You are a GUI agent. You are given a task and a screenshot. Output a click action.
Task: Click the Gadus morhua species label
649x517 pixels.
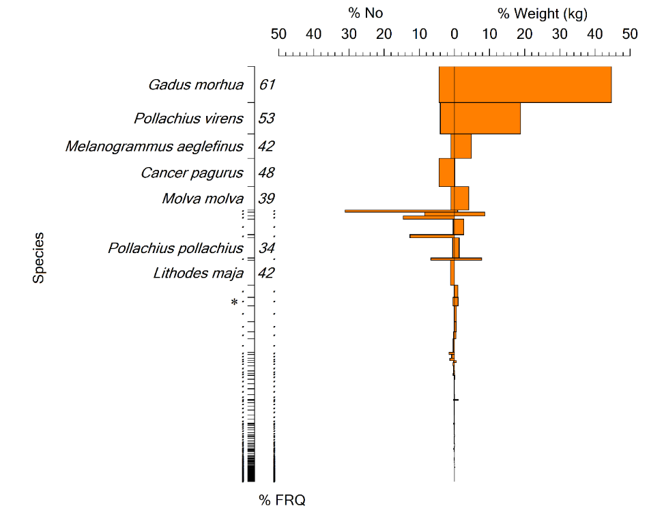click(x=196, y=85)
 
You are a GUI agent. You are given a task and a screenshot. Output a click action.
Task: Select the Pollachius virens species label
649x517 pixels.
click(x=188, y=119)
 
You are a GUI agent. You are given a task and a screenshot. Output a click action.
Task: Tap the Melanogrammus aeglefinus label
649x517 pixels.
click(x=154, y=147)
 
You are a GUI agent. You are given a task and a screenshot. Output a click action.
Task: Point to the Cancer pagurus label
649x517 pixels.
click(x=192, y=173)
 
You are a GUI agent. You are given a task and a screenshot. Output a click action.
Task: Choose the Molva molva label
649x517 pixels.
click(x=203, y=199)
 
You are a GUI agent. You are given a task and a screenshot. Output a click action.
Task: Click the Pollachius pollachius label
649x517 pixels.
click(x=175, y=248)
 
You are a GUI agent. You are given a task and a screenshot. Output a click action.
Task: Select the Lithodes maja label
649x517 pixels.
click(x=198, y=274)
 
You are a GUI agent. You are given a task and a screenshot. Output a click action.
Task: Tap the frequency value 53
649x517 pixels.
click(x=266, y=119)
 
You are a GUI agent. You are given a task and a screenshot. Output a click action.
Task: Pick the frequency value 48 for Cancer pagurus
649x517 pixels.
click(x=266, y=173)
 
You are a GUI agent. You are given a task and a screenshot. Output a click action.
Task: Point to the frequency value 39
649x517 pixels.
click(x=266, y=199)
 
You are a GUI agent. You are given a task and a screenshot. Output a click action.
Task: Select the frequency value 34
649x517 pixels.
click(x=266, y=248)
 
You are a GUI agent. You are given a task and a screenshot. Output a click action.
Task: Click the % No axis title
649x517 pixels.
click(x=366, y=14)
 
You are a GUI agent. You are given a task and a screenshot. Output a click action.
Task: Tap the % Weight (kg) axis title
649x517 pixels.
click(x=542, y=14)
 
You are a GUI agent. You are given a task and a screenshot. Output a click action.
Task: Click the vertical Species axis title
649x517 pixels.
click(x=40, y=257)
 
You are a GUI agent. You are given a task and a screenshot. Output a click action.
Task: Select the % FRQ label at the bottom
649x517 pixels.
click(x=282, y=501)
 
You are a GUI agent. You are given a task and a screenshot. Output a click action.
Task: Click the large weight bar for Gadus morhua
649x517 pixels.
click(x=532, y=85)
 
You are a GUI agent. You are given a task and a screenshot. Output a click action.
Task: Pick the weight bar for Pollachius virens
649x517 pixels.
click(x=487, y=118)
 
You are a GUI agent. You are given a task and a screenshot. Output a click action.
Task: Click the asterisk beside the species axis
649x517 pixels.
click(x=234, y=302)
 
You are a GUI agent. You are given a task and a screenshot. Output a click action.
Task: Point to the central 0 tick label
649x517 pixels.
click(x=454, y=33)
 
